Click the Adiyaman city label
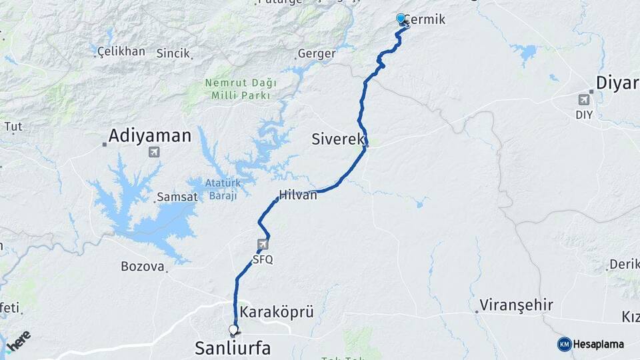click(149, 136)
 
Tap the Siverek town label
click(337, 139)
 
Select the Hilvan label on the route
click(298, 195)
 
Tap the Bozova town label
click(143, 267)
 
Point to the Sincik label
click(173, 53)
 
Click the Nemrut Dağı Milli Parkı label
click(238, 89)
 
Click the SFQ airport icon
click(263, 244)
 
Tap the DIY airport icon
click(585, 100)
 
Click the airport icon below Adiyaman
click(155, 152)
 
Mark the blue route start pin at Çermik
click(401, 19)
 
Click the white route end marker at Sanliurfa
click(233, 329)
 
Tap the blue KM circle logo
click(564, 344)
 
